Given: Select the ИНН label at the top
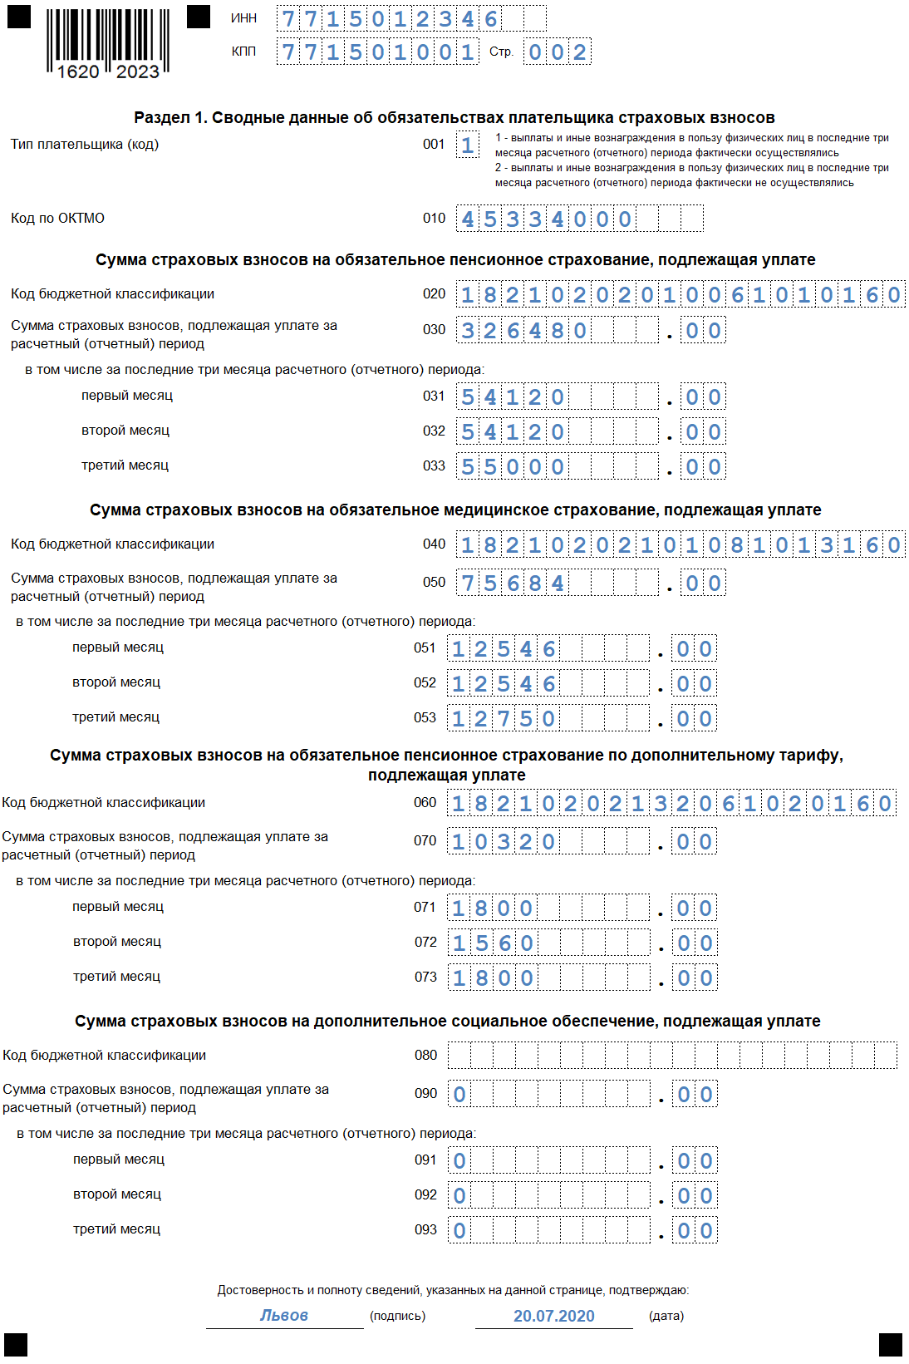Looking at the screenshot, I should coord(243,18).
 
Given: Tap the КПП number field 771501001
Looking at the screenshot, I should coord(377,52).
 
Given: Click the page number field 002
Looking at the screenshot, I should coord(558,52).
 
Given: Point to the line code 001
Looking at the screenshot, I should coord(434,145).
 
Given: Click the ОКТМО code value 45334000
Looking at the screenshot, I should coord(547,219).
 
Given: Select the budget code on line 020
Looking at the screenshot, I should coord(681,295).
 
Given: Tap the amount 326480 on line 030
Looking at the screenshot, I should coord(524,331).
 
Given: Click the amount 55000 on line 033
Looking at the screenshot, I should coord(513,467).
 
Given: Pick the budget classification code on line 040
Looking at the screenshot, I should coord(681,545).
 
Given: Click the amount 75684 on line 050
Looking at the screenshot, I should coord(513,584).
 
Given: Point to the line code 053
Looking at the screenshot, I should coord(425,717).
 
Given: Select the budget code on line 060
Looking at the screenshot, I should coord(671,804).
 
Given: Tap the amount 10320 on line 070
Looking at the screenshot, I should coord(504,842).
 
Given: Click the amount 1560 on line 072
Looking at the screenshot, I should coord(493,943).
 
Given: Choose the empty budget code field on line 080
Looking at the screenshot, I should coord(671,1056).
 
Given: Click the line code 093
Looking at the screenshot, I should coord(425,1229).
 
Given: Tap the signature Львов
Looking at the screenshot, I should coord(284,1315).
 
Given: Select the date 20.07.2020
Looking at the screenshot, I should coord(554,1316).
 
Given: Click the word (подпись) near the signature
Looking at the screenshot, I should coord(397,1316).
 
